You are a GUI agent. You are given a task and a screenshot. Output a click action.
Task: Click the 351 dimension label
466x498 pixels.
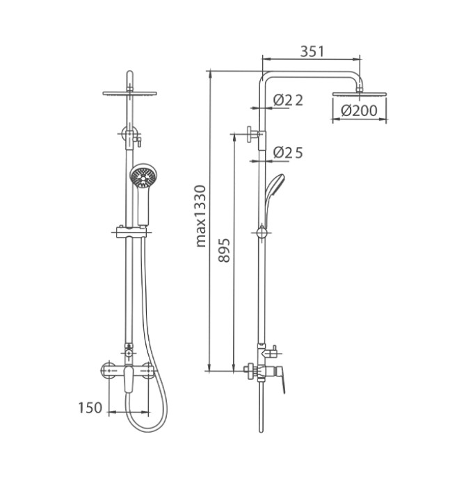coord(312,52)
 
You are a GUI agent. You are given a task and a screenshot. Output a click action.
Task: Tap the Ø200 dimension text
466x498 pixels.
coord(359,111)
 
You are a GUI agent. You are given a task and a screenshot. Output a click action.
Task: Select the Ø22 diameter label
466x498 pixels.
coord(288,100)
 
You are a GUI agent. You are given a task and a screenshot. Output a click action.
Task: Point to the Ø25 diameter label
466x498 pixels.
coord(288,153)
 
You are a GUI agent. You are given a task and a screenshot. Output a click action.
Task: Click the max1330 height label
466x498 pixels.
coord(201,216)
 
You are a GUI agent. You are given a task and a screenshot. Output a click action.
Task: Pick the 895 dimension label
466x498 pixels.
coord(224,250)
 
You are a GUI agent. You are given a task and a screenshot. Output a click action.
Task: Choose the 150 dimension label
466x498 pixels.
coord(90,408)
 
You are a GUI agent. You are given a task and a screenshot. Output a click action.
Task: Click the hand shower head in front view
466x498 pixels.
coord(143,176)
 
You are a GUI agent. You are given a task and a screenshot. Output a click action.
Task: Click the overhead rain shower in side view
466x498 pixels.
coord(359,94)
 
